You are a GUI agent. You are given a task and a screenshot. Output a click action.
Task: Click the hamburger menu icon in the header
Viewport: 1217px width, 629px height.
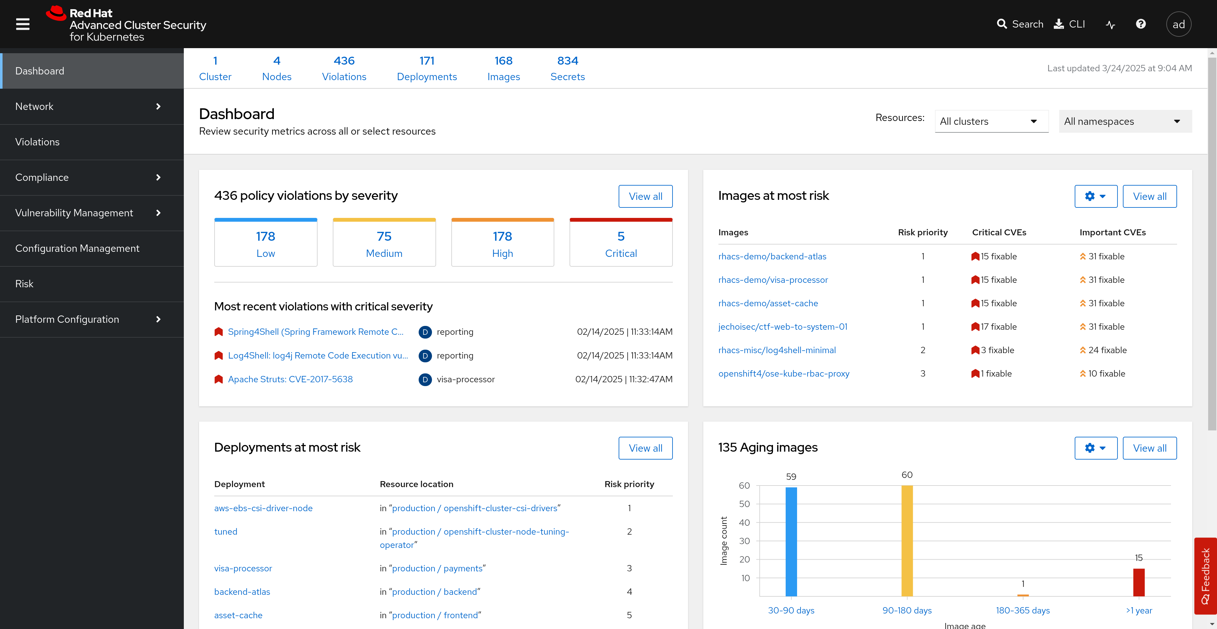(x=23, y=24)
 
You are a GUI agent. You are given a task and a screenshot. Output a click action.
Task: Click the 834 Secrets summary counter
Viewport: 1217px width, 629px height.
(x=567, y=68)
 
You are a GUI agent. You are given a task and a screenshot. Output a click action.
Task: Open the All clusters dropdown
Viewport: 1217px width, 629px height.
(x=991, y=121)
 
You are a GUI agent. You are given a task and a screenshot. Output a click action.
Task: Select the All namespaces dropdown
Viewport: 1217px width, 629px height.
(x=1125, y=121)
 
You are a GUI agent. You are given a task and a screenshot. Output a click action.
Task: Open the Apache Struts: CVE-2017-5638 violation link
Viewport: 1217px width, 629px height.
(x=290, y=379)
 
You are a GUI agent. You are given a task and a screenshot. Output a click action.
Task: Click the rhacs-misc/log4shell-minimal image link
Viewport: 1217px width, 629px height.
(x=777, y=350)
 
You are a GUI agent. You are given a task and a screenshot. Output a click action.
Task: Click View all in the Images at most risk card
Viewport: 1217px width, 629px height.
(x=1149, y=196)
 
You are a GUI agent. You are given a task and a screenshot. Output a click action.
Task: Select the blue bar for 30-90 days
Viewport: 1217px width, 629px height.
(x=791, y=541)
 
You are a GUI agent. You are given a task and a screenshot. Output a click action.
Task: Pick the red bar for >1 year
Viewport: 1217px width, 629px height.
(x=1139, y=582)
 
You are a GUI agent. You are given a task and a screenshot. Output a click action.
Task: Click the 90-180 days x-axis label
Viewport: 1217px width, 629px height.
(x=907, y=610)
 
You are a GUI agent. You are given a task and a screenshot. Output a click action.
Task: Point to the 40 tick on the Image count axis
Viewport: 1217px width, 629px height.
(x=744, y=522)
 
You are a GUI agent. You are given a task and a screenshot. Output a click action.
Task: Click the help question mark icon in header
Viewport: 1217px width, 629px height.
(x=1141, y=24)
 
